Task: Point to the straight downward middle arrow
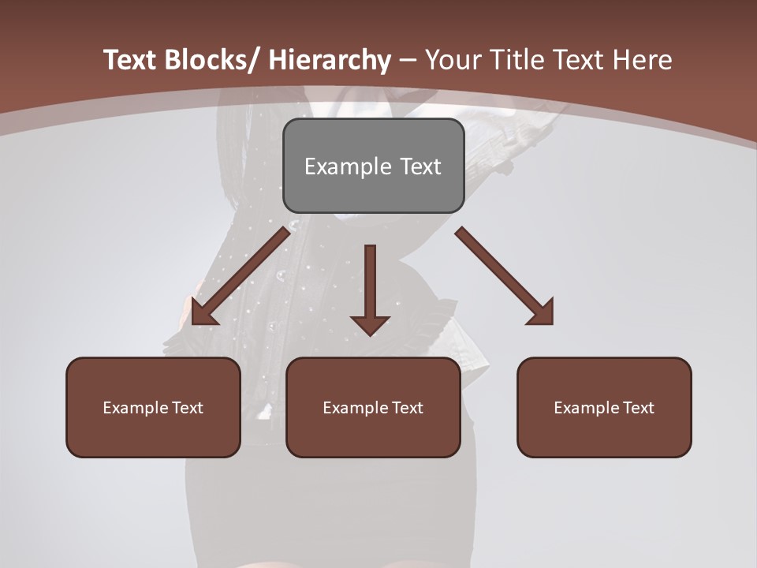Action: point(370,284)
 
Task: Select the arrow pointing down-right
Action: point(505,276)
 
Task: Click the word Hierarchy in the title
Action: point(330,60)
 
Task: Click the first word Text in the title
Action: point(131,60)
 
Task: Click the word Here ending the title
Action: point(643,60)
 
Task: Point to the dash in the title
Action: point(408,60)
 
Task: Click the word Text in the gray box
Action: point(420,166)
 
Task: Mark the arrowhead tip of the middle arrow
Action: point(370,335)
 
